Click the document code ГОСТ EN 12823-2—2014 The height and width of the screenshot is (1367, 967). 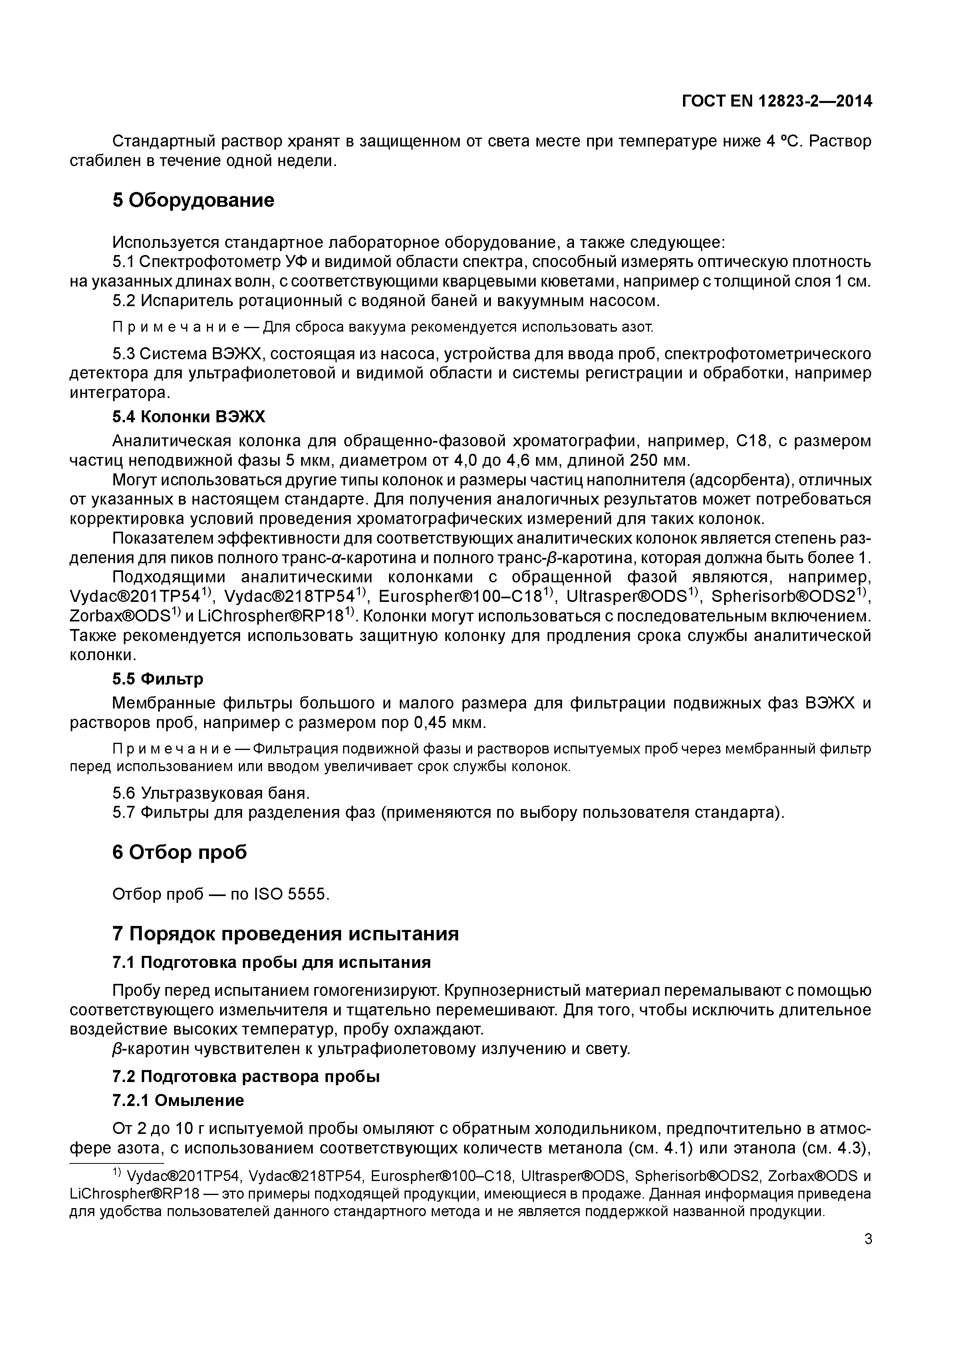coord(776,102)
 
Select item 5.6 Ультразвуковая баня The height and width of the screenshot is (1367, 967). coord(211,793)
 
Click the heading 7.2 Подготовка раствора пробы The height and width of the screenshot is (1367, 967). coord(246,1076)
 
